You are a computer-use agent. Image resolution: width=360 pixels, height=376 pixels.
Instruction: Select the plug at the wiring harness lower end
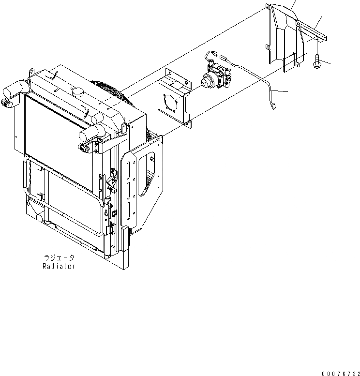pyautogui.click(x=272, y=105)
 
